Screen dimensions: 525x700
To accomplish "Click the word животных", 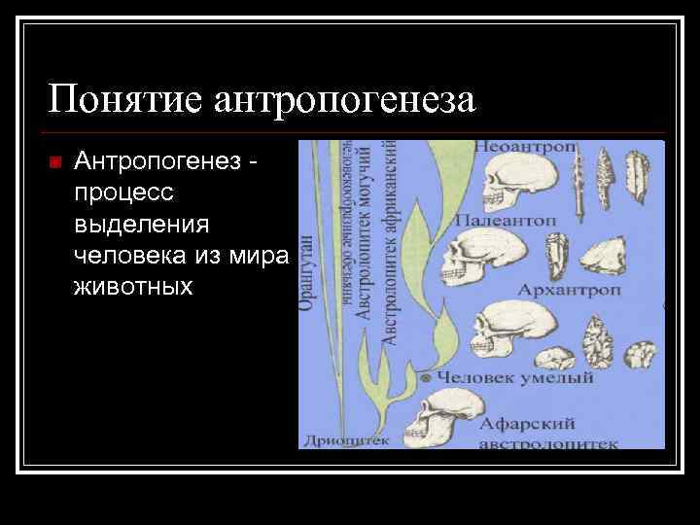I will pos(132,288).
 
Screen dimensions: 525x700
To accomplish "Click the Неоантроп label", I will pos(526,147).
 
